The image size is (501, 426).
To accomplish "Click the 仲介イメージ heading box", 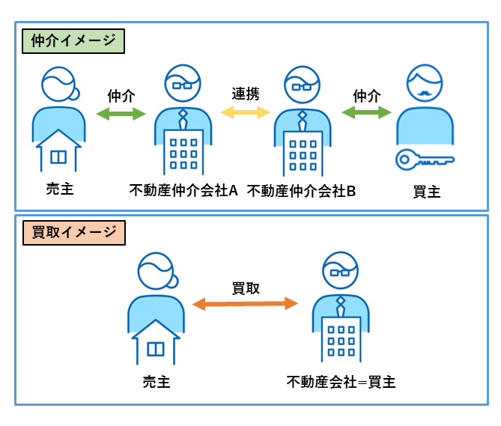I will click(x=73, y=40).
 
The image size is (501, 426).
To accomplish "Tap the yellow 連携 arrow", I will click(x=245, y=112).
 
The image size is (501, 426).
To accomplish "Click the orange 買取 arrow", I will click(x=245, y=303).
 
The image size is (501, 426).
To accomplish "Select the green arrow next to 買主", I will click(x=366, y=113).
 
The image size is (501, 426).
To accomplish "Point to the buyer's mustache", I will click(x=425, y=94).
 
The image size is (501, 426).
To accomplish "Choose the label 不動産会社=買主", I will click(x=341, y=382).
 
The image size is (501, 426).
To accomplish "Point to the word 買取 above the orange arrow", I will click(x=246, y=287).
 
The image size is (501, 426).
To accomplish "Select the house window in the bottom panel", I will click(x=156, y=350).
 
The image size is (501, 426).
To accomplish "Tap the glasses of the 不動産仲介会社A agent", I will click(x=182, y=85).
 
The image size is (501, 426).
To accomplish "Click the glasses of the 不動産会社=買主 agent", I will click(x=340, y=276).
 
